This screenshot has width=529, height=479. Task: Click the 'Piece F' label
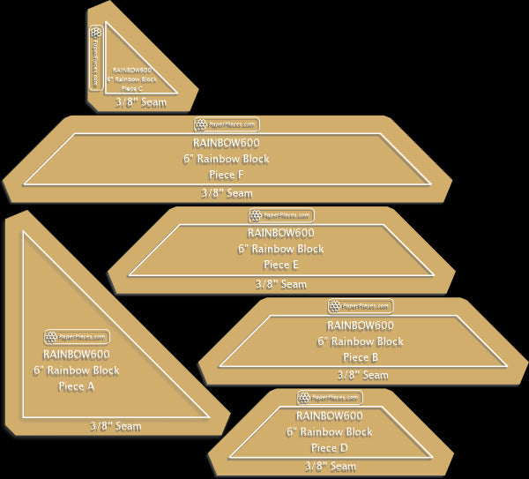click(227, 175)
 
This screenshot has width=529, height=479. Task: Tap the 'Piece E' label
click(281, 265)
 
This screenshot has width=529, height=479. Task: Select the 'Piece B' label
click(361, 357)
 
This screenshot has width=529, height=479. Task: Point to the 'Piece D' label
click(330, 448)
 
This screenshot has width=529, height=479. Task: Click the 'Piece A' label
click(76, 386)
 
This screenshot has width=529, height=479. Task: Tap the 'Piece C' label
click(131, 88)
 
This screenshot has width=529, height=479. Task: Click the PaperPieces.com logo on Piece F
click(227, 125)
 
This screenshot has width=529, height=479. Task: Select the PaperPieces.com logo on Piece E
click(281, 215)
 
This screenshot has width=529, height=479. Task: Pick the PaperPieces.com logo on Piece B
click(361, 306)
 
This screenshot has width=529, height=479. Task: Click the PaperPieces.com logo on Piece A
click(76, 336)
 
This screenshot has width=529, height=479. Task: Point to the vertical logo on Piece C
click(95, 57)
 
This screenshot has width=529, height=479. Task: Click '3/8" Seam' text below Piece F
click(227, 193)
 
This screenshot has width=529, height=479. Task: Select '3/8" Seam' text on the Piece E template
click(281, 284)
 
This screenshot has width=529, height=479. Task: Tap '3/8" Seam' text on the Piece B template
click(362, 375)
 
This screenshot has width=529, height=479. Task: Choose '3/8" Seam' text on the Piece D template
click(330, 466)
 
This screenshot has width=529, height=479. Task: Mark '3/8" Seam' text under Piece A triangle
click(115, 427)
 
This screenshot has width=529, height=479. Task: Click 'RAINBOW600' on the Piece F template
click(227, 143)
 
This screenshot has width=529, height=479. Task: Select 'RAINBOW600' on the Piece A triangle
click(76, 356)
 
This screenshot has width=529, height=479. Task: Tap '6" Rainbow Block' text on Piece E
click(281, 249)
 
